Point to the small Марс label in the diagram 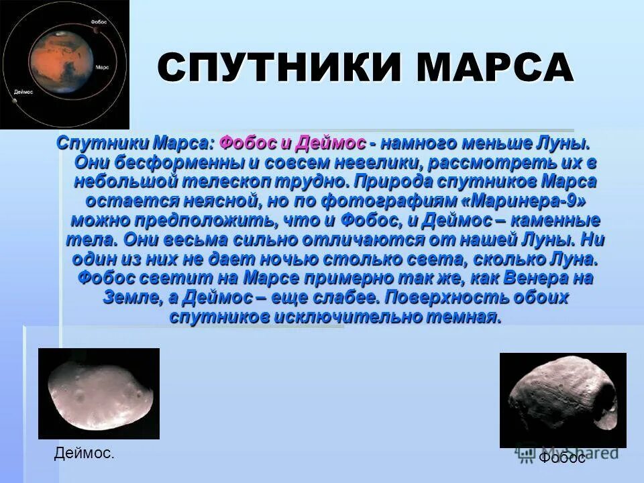[x=103, y=68]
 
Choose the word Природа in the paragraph [x=396, y=182]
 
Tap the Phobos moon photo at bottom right [x=563, y=400]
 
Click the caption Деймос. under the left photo [x=84, y=454]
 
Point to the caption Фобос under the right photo [x=562, y=458]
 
